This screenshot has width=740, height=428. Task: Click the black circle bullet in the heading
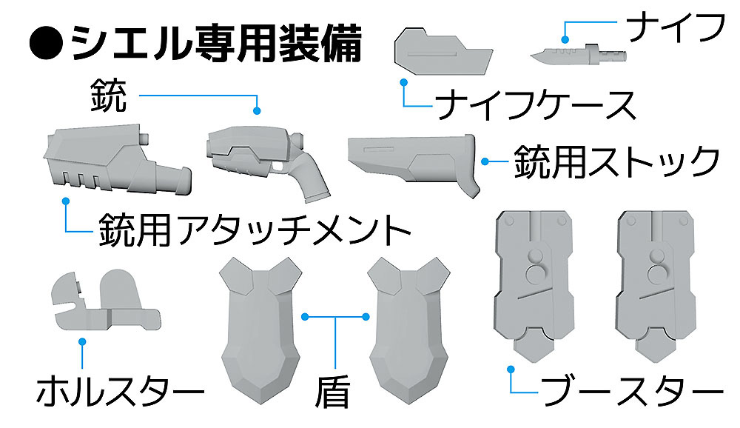coord(46,44)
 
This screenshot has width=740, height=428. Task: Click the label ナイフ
coord(675,27)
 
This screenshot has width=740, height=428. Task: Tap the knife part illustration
coord(579,54)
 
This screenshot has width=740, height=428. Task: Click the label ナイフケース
coord(535,105)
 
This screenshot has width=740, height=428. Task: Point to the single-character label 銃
coord(109,96)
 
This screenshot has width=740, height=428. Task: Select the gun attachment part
coord(118,159)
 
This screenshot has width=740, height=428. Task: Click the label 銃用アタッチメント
coord(255,230)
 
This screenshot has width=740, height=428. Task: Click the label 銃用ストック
coord(616,161)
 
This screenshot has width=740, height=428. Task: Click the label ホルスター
coord(120,391)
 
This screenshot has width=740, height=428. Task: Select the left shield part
coord(260,331)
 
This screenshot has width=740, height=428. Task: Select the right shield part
coord(408,331)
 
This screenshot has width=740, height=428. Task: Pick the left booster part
coord(534,287)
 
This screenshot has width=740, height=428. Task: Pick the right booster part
coord(656,287)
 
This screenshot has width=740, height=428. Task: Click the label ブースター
coord(633,391)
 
